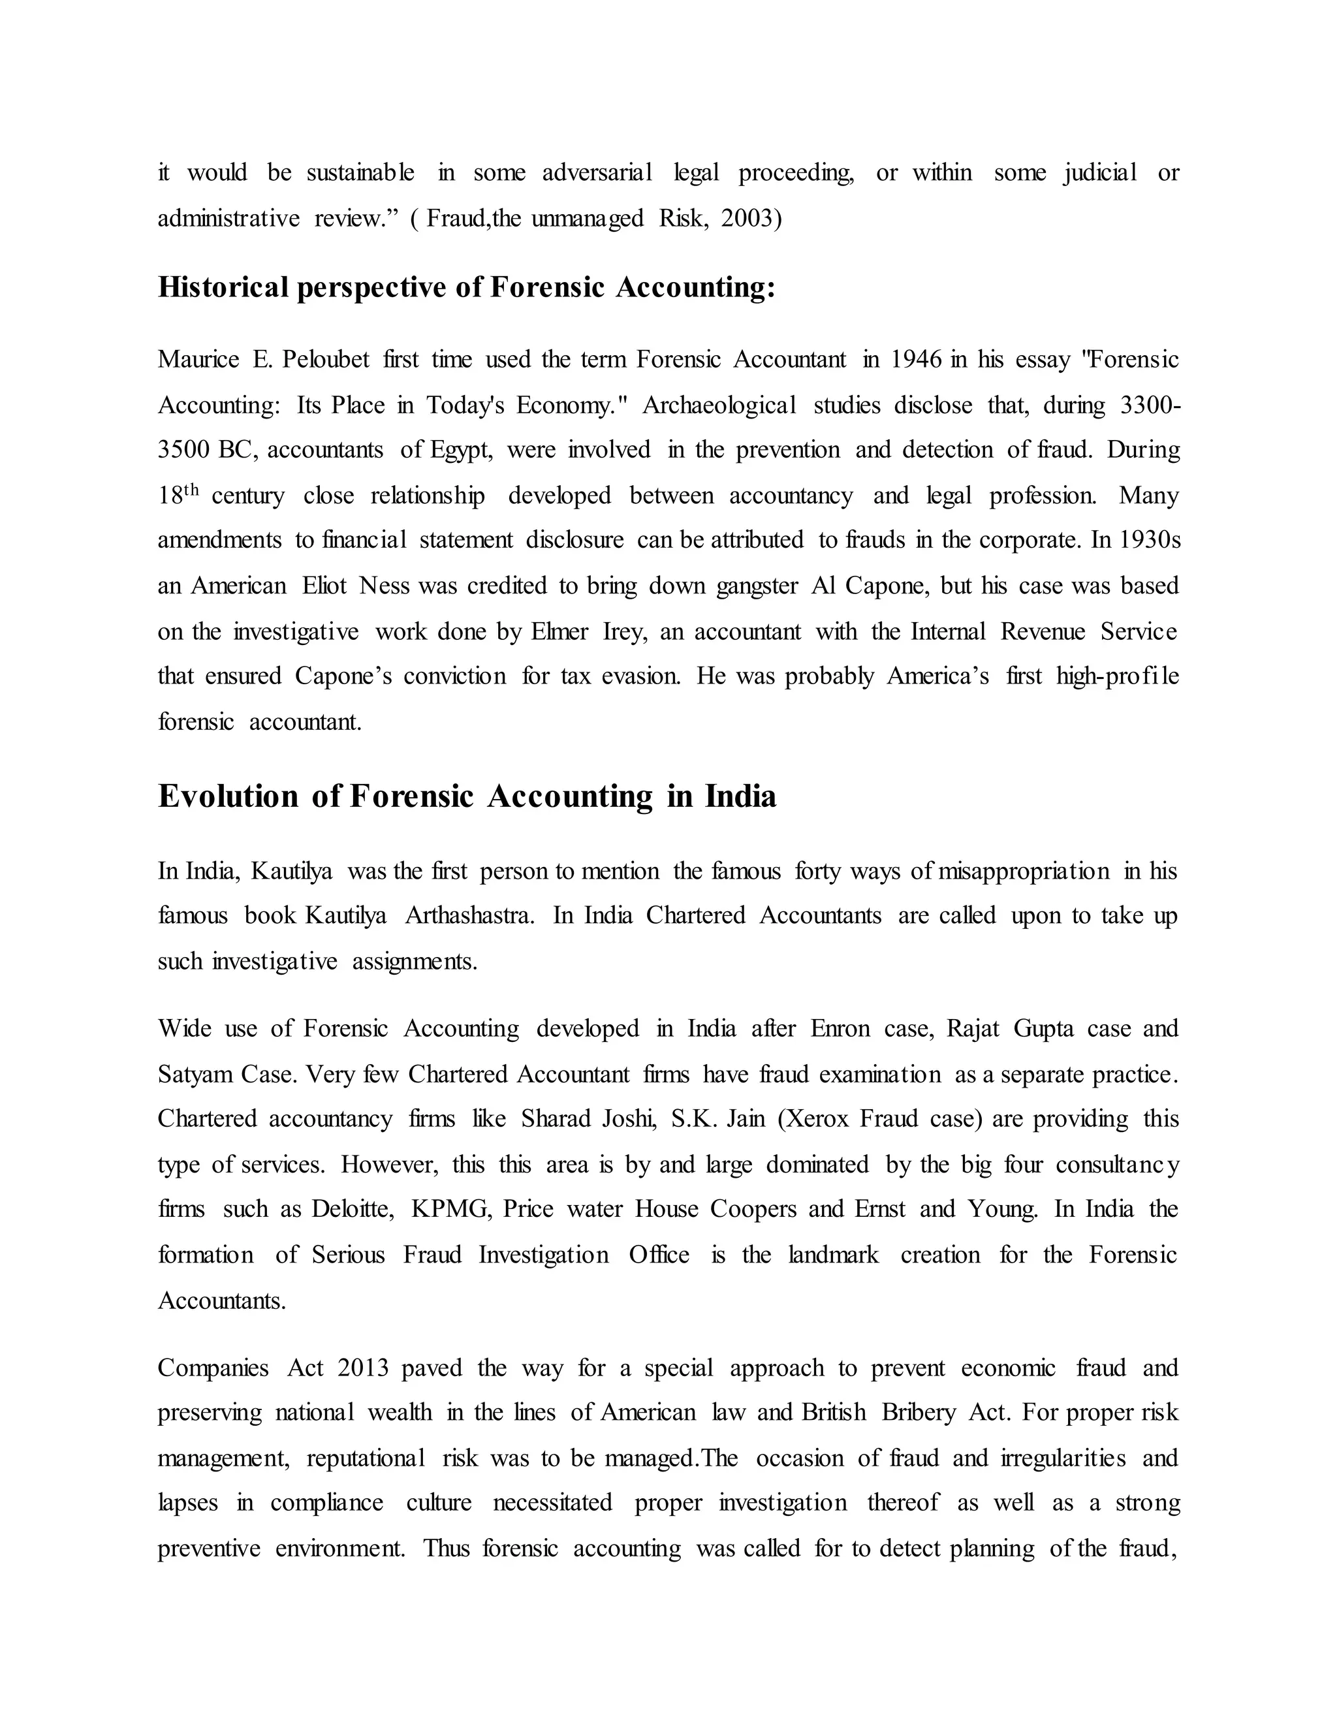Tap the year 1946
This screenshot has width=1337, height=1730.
click(916, 360)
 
